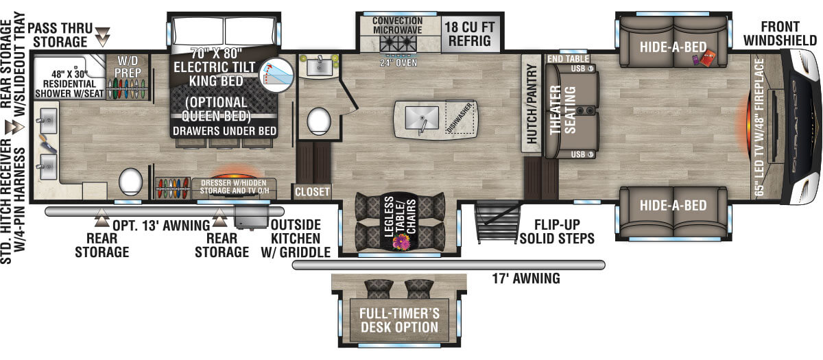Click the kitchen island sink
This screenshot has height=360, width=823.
[x=422, y=117]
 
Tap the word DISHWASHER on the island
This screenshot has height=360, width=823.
[x=460, y=118]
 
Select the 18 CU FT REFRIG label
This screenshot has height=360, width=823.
[x=470, y=34]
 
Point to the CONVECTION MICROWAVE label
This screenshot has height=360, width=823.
[x=398, y=25]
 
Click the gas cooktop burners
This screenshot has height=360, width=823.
[x=398, y=43]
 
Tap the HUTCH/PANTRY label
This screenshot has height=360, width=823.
[x=532, y=104]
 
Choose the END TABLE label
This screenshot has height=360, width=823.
[x=568, y=59]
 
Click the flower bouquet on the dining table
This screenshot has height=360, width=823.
[x=401, y=242]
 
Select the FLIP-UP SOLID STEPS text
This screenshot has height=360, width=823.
[x=557, y=232]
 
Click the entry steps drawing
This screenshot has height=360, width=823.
[x=498, y=223]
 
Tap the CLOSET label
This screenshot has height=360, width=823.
[x=312, y=192]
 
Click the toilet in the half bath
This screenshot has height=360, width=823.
[x=318, y=121]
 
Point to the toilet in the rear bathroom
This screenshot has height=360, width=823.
[x=130, y=182]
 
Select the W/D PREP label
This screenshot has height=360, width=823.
[x=127, y=67]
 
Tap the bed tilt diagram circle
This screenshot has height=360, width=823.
[x=276, y=75]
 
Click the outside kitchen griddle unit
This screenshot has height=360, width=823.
[x=251, y=217]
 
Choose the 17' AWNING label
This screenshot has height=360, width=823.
[x=526, y=278]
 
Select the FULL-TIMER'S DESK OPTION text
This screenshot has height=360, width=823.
[x=399, y=320]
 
